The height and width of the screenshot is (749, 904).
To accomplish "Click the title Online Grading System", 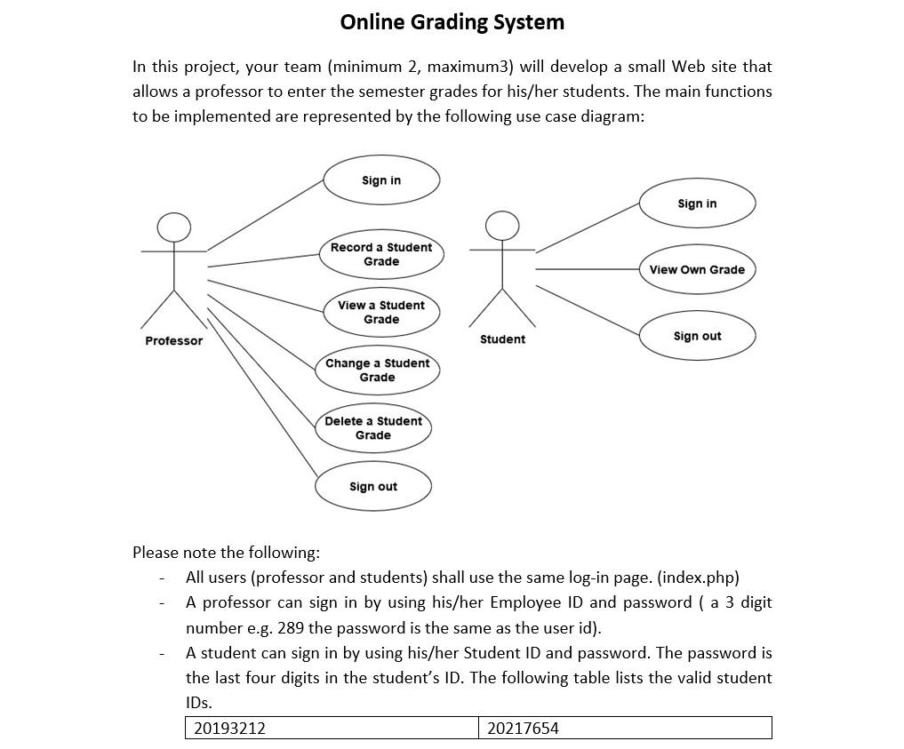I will coord(452,22).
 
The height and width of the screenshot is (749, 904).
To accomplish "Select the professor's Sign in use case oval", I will coord(381,180).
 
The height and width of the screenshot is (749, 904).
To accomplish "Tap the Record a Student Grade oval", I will coord(381,254).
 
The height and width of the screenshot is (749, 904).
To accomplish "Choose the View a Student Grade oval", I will coord(381,312).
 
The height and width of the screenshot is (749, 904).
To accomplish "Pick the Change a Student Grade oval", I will coord(377,370).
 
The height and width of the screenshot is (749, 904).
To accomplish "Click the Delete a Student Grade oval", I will coord(373,428).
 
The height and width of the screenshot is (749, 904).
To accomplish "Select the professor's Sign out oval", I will coord(373,486).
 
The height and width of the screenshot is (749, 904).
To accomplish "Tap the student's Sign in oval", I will coord(697,203).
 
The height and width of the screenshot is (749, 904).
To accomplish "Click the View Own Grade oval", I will coord(697,269).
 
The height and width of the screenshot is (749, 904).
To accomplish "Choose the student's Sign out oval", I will coord(697,336).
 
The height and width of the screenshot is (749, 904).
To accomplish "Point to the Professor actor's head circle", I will coord(174,227).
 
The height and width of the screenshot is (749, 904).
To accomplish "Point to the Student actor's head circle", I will coord(502,226).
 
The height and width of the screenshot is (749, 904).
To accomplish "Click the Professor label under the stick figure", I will coord(174,341).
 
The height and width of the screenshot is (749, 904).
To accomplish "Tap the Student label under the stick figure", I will coord(502,339).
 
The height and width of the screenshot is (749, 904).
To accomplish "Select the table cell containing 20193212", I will coord(332,729).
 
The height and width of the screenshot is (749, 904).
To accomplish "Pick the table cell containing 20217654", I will coord(624,729).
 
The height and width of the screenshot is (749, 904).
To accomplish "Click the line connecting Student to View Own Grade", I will coord(587,269).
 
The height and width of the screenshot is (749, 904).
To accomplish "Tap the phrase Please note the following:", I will coord(226,553).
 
